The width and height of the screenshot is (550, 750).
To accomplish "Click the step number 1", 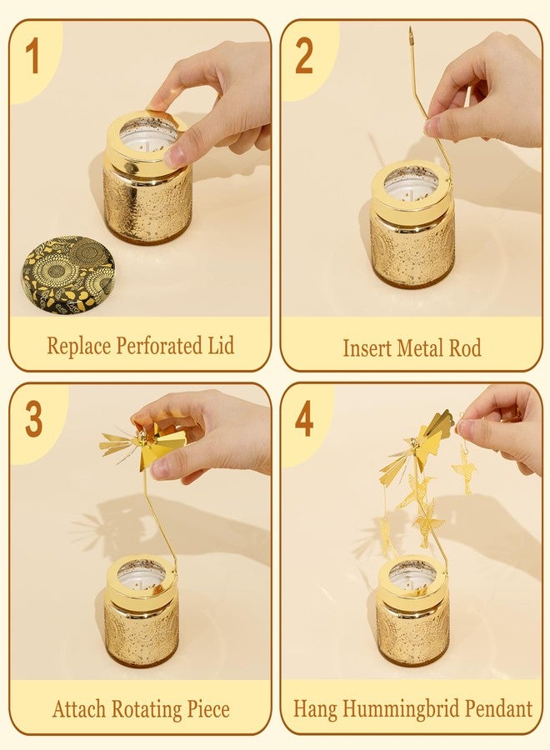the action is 32,57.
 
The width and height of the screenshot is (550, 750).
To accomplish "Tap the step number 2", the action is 304,56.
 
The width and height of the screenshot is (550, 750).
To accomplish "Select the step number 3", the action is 33,419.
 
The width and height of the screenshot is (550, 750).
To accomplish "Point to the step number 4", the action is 304,418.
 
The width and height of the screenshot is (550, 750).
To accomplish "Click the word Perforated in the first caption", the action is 160,345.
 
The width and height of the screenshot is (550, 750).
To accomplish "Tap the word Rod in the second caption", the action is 465,347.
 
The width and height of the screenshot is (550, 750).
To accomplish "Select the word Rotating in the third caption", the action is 147,709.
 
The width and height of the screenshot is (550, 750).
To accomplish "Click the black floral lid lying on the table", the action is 68,273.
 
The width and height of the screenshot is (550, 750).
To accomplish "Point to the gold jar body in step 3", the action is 142,632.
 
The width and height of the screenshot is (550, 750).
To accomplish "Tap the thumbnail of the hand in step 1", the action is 173,156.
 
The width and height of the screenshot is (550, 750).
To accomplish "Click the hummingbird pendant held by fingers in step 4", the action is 463,467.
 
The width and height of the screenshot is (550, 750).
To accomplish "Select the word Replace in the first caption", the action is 79,346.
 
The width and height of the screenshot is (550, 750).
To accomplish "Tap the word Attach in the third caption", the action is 79,708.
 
